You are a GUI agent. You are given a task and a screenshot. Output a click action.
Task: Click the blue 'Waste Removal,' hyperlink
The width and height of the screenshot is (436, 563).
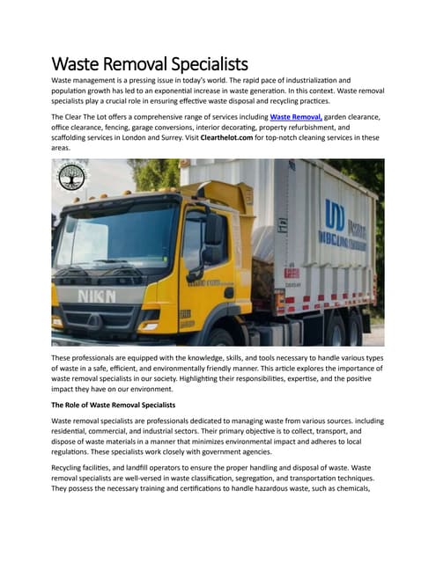tap(296, 116)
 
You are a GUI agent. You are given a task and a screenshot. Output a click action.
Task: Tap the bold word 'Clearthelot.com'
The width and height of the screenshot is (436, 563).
tap(265, 138)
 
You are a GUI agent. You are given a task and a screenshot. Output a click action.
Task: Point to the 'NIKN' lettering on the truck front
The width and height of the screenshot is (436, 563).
tap(98, 296)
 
